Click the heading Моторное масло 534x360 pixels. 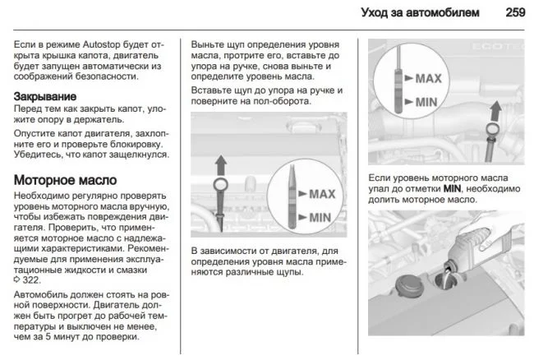[x=65, y=180]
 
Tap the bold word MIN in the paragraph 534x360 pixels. [x=453, y=188]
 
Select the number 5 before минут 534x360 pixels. [x=64, y=336]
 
